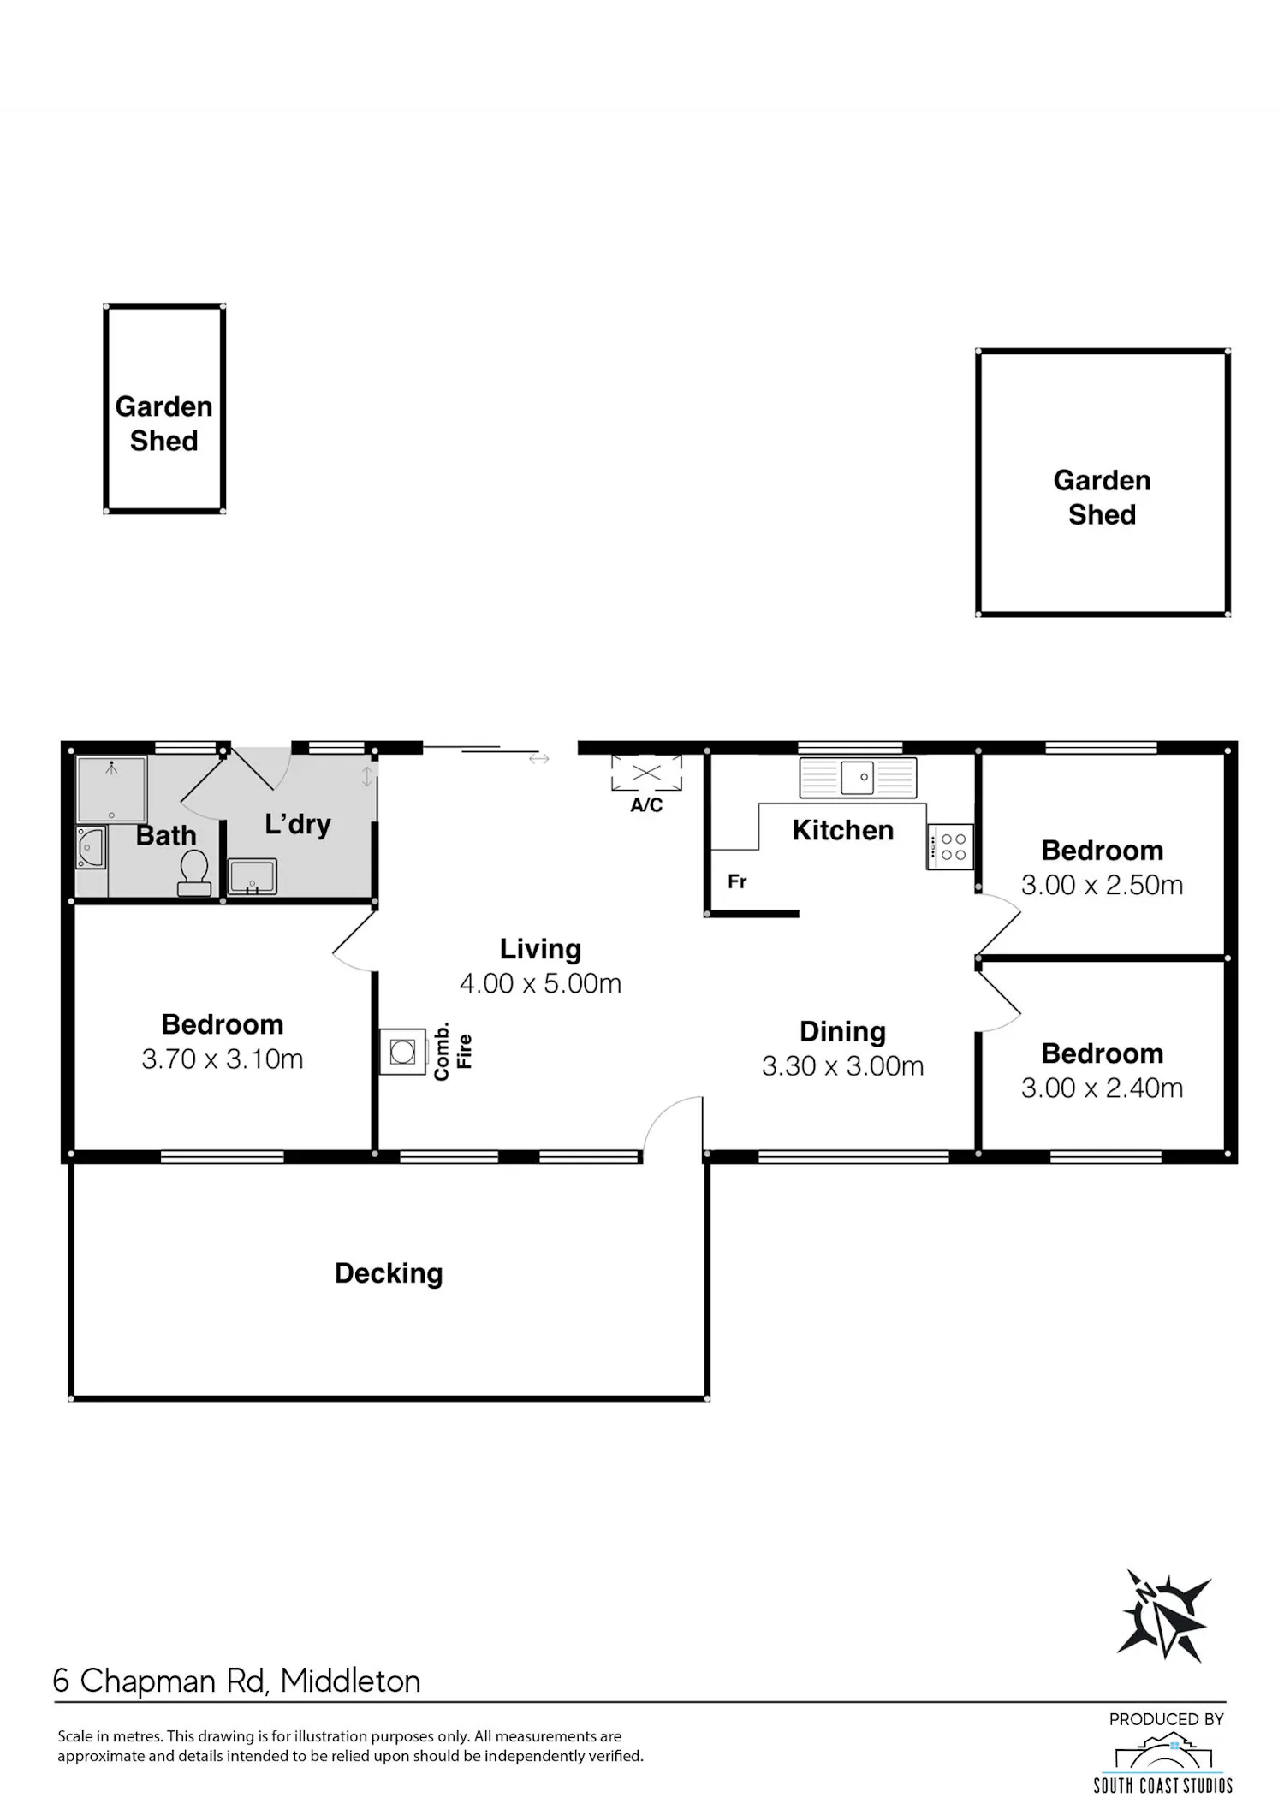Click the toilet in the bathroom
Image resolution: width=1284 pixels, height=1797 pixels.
tap(194, 873)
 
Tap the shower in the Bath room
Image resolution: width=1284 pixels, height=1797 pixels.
tap(111, 788)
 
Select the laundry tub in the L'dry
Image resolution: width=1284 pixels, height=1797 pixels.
tap(252, 877)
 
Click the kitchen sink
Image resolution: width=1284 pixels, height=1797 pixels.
tap(858, 778)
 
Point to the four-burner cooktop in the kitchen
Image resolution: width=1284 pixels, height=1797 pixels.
tap(950, 847)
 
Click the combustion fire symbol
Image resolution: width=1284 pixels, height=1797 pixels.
tap(403, 1051)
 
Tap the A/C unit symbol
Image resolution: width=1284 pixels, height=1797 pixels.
tap(646, 774)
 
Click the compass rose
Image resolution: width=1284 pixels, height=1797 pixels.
tap(1164, 1616)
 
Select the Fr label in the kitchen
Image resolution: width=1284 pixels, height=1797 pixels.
tap(737, 881)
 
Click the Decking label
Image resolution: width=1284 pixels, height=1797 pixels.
tap(389, 1273)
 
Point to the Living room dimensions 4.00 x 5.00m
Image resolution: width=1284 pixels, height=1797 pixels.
tap(540, 983)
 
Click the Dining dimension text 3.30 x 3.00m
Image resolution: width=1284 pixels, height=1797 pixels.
tap(843, 1066)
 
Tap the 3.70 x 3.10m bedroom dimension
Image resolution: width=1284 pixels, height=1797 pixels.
tap(223, 1059)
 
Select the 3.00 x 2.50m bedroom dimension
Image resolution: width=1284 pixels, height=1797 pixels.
tap(1103, 885)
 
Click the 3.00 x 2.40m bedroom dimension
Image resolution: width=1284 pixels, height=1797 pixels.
tap(1103, 1088)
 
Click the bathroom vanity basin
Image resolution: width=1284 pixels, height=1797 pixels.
tap(91, 847)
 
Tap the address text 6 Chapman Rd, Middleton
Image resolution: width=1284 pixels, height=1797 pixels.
tap(237, 1681)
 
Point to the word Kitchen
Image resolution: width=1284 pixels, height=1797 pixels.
tap(843, 830)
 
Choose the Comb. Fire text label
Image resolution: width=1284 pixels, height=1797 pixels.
tap(453, 1051)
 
